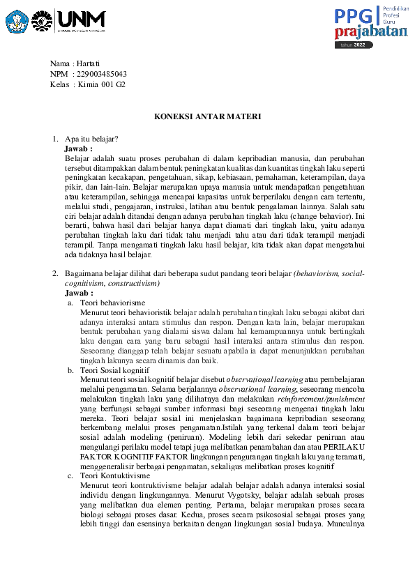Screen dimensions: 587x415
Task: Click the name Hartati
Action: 89,63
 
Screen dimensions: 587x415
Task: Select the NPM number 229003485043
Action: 101,74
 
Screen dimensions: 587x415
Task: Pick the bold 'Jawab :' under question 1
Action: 78,148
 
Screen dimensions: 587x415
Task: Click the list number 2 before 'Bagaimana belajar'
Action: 55,273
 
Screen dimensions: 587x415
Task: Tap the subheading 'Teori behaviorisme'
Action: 112,303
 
